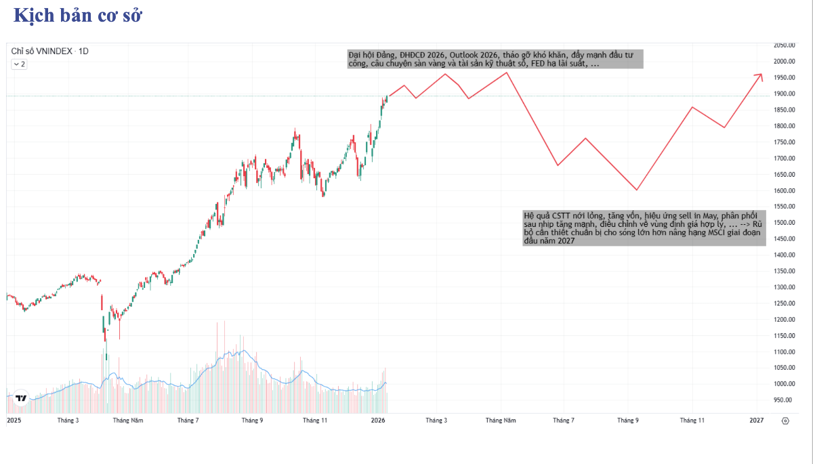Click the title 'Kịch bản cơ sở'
tap(77, 16)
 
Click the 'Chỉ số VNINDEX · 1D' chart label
tap(50, 51)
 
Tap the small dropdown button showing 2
tap(19, 64)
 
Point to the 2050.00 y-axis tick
tap(784, 45)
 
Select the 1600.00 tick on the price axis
tap(784, 190)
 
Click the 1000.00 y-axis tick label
tap(784, 384)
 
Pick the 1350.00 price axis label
tap(784, 271)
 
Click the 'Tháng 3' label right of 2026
tap(436, 421)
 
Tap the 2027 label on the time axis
tap(757, 421)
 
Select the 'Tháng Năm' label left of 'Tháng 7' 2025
tap(128, 421)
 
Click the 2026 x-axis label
tap(378, 421)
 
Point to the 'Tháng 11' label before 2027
tap(692, 421)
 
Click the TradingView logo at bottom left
tap(21, 398)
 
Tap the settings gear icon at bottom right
tap(785, 421)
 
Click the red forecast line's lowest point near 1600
tap(637, 190)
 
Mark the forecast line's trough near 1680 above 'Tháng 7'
tap(558, 165)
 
